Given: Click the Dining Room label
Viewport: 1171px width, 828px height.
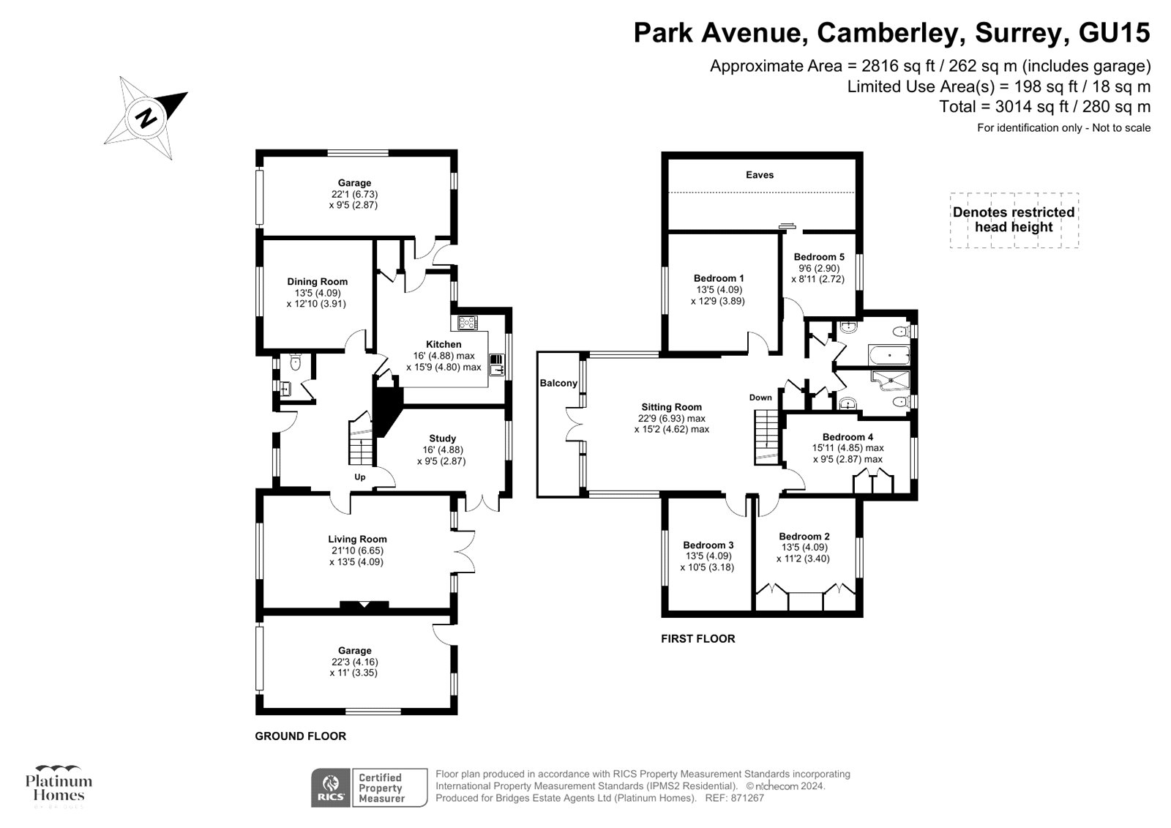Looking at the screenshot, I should coord(317,282).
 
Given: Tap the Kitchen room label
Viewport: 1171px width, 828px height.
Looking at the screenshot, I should coord(444,344).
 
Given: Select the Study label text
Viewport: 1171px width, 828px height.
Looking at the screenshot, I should coord(442,439).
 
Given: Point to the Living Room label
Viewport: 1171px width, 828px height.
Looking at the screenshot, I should coord(357,540).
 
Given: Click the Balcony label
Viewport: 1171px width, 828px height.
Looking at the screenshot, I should coord(558,383).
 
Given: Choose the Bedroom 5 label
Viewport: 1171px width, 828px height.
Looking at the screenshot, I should coord(819,257).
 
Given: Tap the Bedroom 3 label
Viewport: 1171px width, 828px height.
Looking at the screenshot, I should coord(708,545).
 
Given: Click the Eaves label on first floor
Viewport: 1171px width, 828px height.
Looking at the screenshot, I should coord(760,175).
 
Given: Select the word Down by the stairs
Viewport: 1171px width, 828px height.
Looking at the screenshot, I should coord(760,398).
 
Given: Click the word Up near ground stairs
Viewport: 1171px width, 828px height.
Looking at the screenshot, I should coord(360,477).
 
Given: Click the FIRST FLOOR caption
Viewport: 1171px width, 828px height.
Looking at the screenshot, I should coord(697,638).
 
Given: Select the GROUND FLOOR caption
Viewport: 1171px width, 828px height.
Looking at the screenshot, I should coord(300,736).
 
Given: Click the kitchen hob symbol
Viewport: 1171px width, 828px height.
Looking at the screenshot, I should coord(467,322).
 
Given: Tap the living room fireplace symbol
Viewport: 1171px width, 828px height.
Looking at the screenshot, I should coord(364,605).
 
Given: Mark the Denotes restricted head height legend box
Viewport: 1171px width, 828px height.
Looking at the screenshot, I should coord(1014,220).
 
